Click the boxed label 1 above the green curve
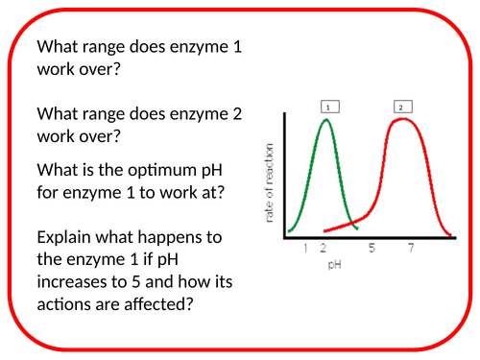tap(327, 108)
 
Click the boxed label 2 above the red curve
tap(399, 108)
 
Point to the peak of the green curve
tap(327, 120)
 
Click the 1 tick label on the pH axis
tap(305, 249)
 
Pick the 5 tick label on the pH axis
tap(371, 249)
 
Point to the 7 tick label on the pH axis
tap(410, 249)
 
